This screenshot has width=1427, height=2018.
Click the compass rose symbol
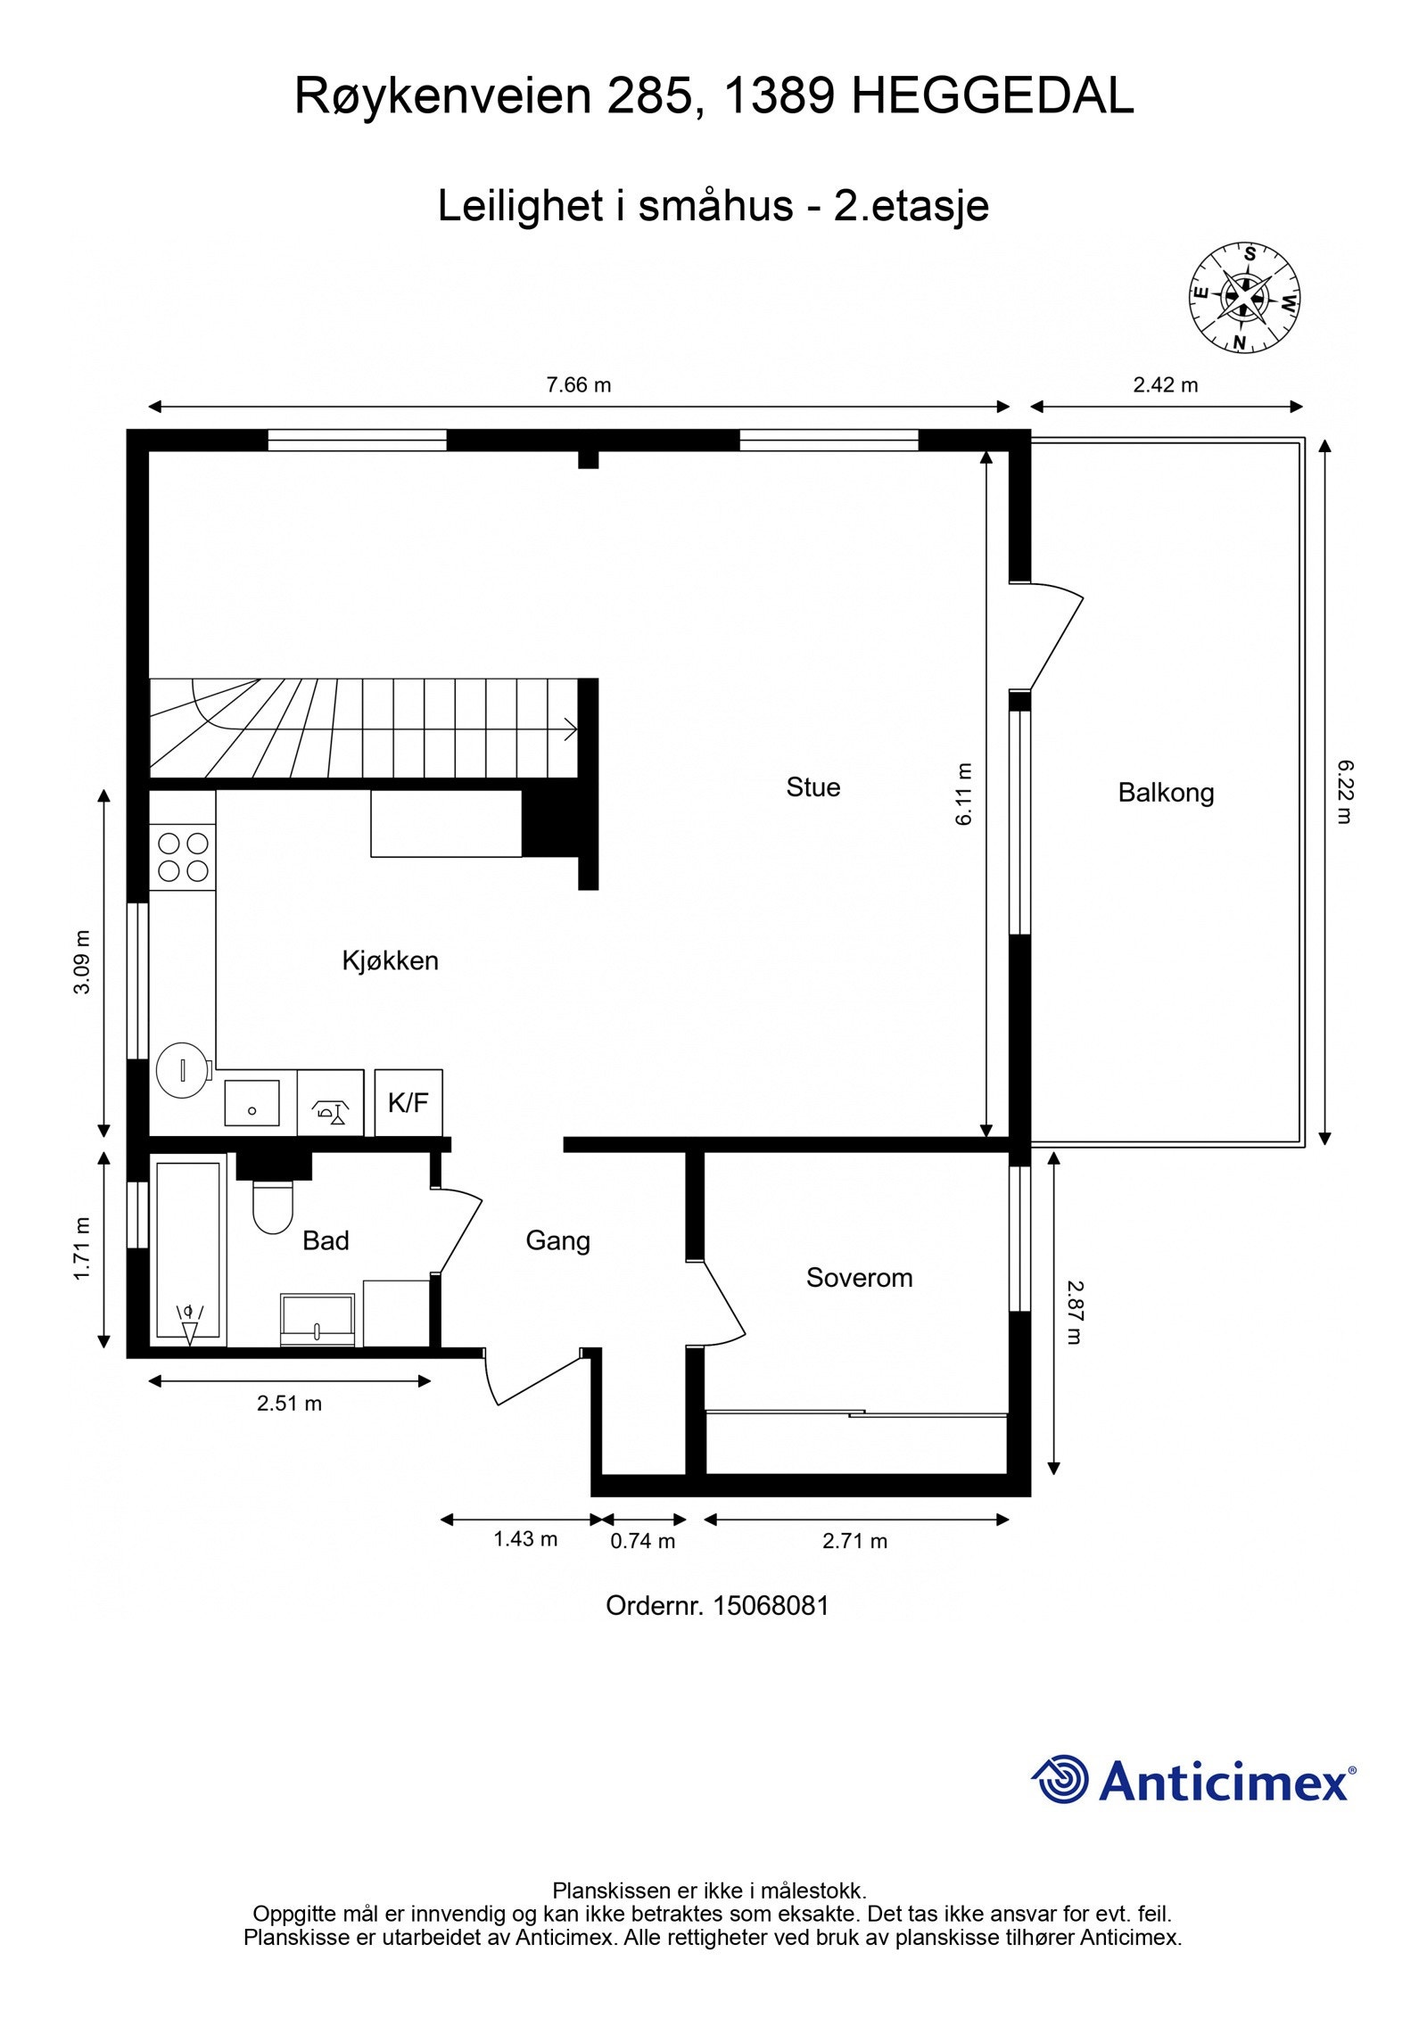click(x=1243, y=296)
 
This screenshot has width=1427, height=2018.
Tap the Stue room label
click(x=812, y=787)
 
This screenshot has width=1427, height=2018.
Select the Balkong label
click(x=1166, y=793)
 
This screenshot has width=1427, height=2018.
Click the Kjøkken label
click(x=390, y=960)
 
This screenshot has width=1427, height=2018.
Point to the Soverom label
click(x=859, y=1278)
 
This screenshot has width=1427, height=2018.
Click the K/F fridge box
click(x=408, y=1103)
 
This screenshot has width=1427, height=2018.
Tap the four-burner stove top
click(x=183, y=856)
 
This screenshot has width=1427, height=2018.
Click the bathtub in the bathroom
click(x=188, y=1249)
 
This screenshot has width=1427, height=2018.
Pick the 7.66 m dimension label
click(x=578, y=385)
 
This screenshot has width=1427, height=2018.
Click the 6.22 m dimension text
click(x=1345, y=791)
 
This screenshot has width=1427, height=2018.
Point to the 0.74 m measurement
click(x=642, y=1541)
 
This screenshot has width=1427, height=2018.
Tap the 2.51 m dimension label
click(x=289, y=1403)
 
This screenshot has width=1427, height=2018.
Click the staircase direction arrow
click(x=568, y=729)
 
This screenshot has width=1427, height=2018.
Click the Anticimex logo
click(x=1193, y=1780)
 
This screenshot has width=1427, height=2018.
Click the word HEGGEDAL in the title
click(x=992, y=96)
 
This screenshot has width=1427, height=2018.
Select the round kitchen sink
click(x=183, y=1069)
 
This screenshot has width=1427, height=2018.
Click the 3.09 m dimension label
click(x=82, y=962)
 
